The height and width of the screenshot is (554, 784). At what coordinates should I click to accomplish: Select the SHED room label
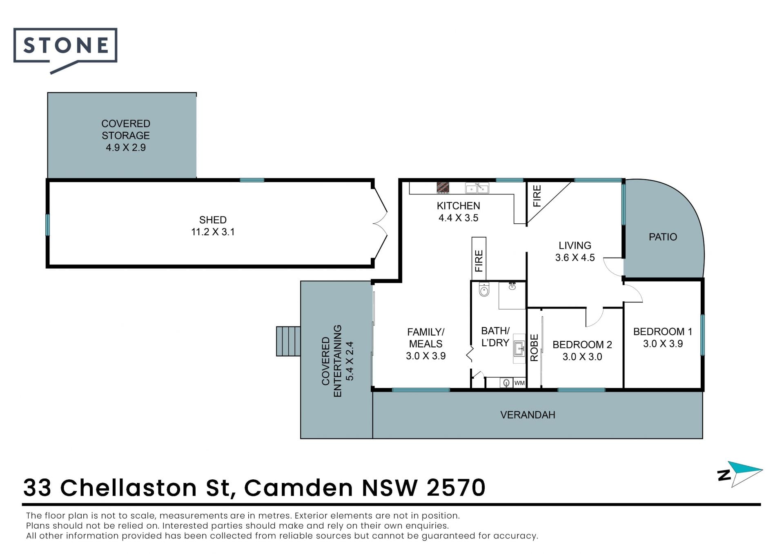pos(213,220)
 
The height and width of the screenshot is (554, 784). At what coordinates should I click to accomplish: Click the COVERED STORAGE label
pos(126,129)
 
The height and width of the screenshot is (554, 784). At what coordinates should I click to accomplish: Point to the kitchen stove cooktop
pos(443,188)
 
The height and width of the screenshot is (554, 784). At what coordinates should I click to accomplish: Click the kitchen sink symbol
pos(477,188)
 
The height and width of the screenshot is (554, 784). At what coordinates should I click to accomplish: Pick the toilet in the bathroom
pos(484,289)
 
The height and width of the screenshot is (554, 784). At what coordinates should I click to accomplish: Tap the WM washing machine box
pos(519,383)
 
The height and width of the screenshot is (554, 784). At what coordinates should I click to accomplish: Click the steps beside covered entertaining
pos(288,341)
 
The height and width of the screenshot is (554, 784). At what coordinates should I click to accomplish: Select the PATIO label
pos(663,237)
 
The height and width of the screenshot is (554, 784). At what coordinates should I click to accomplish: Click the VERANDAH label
pos(528,415)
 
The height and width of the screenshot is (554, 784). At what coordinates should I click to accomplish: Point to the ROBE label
pos(534,348)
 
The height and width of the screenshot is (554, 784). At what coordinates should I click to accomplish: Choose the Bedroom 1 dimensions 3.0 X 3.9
pos(663,344)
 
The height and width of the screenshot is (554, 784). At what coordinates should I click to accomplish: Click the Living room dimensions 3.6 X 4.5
pos(575,258)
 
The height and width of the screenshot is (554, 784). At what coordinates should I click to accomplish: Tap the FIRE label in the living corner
pos(537,196)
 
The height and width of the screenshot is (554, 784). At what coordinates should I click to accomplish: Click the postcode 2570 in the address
pos(456,487)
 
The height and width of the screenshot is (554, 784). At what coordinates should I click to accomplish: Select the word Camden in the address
pos(298,487)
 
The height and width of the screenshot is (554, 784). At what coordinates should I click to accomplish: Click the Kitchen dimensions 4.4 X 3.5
pos(458,218)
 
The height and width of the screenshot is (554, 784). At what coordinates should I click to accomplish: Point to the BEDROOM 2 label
pos(582,345)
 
